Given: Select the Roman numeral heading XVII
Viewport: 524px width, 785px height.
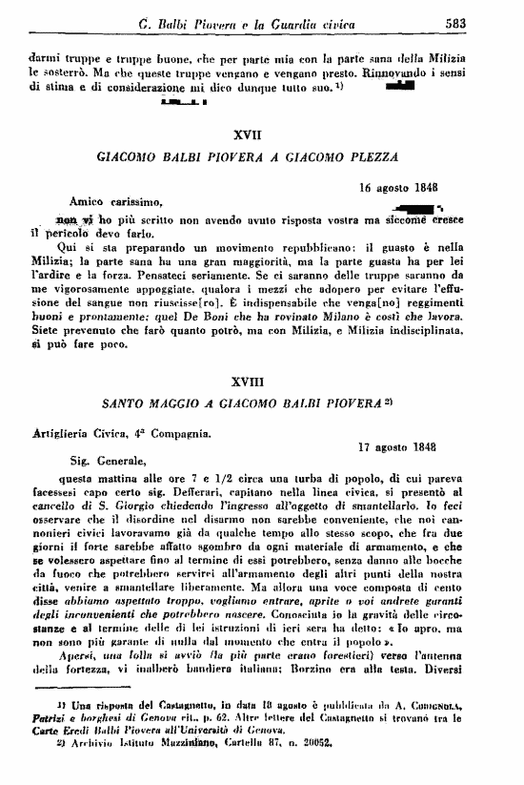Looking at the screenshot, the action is (260, 134).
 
